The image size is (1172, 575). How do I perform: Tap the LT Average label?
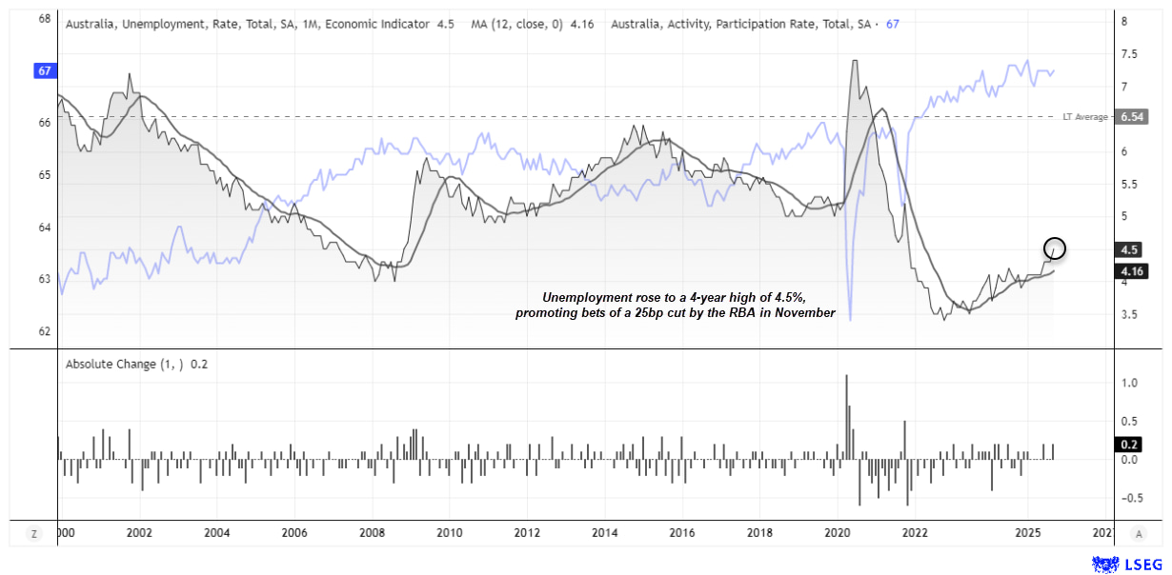tap(1085, 117)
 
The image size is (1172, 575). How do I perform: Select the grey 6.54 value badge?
tap(1132, 117)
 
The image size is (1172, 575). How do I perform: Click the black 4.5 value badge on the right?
tap(1131, 250)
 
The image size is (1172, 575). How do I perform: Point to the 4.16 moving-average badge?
tap(1131, 270)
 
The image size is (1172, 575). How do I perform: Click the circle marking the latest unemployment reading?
tap(1055, 248)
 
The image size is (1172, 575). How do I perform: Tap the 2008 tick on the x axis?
tap(372, 532)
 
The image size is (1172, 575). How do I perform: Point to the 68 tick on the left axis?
tap(45, 19)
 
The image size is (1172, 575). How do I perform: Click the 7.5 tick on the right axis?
tap(1128, 54)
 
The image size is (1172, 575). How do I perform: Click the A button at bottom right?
tap(1139, 534)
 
